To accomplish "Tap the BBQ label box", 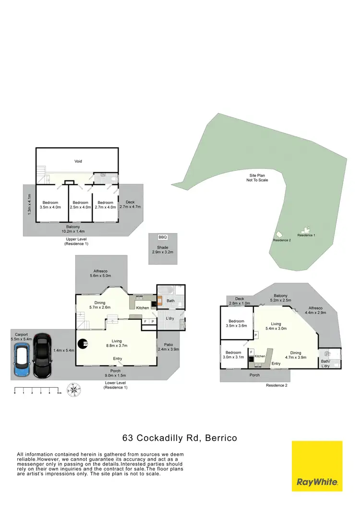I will pyautogui.click(x=162, y=237).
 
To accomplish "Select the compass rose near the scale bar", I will pyautogui.click(x=73, y=388).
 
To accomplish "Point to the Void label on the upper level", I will pyautogui.click(x=78, y=162).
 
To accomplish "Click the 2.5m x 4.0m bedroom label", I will pyautogui.click(x=81, y=205).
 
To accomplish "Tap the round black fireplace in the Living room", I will pyautogui.click(x=85, y=344).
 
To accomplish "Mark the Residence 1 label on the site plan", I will pyautogui.click(x=306, y=235).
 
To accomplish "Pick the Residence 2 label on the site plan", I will pyautogui.click(x=282, y=240).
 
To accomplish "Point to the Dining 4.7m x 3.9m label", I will pyautogui.click(x=296, y=355).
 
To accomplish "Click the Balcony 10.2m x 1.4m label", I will pyautogui.click(x=73, y=228).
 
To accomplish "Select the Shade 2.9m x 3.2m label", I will pyautogui.click(x=162, y=249).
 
